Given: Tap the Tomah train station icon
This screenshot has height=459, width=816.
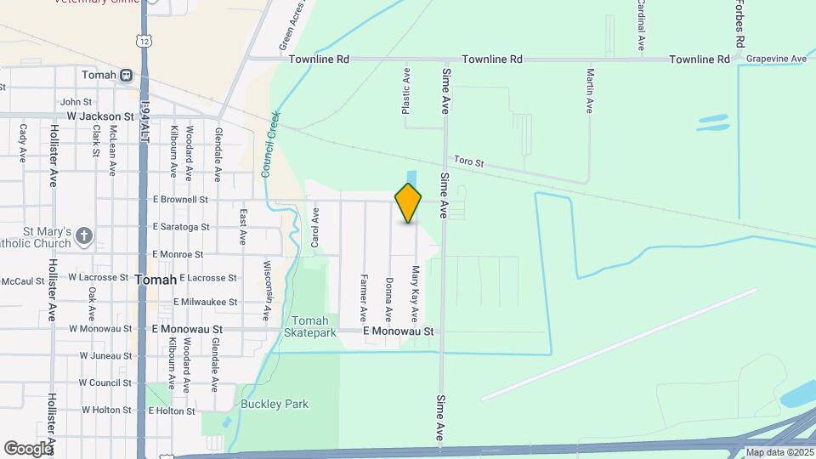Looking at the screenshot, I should pos(126,75).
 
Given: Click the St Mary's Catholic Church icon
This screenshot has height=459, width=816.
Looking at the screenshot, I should pos(83,235).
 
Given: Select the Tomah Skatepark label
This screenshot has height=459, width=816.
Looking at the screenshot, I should pos(305,326).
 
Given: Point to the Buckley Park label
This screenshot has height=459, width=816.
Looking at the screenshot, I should pos(274,404).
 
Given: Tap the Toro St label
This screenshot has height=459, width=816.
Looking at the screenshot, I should pos(468,161).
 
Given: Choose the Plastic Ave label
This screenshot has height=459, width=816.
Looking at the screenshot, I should pos(406,91).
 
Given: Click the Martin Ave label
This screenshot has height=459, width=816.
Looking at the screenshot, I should pos(589,91).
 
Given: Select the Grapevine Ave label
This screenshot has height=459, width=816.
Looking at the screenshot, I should pos(776,59).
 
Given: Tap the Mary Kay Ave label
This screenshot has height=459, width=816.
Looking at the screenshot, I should pos(416,293).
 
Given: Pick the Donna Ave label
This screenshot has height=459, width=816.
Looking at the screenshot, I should pos(389,296).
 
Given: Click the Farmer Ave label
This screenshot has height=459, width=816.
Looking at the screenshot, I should pos(364,295).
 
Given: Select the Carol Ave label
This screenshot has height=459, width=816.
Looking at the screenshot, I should pos(315,230).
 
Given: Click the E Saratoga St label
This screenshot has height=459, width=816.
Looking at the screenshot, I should pos(180,227).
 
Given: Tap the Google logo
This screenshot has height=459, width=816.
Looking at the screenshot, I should pos(28,448).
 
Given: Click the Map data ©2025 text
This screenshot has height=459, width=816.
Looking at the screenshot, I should pos(779,452).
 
